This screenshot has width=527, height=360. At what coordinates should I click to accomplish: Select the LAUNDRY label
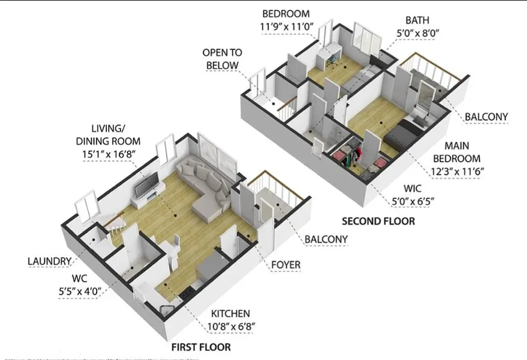[50, 262]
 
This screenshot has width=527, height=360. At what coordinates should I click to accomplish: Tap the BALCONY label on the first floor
[326, 239]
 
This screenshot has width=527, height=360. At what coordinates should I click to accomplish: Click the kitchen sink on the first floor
[166, 310]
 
